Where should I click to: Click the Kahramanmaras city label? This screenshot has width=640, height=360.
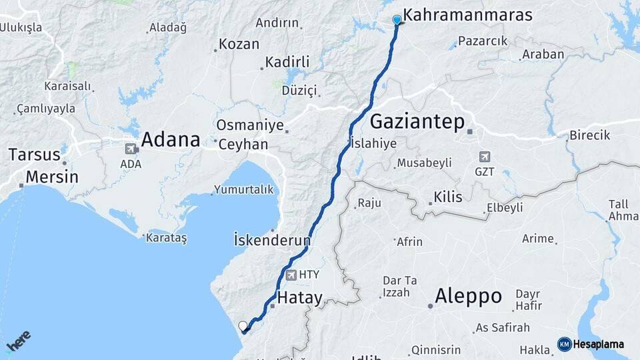[x=468, y=15]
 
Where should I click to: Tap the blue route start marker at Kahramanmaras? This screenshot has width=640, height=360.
[x=397, y=20]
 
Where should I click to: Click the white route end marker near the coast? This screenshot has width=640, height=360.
[x=243, y=326]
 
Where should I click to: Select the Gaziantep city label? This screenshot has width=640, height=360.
[x=417, y=122]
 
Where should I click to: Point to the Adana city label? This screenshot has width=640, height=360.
[x=171, y=140]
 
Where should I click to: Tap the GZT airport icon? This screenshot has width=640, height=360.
[x=485, y=157]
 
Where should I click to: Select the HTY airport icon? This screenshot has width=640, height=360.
[x=291, y=275]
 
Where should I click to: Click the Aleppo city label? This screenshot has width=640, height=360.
[x=468, y=297]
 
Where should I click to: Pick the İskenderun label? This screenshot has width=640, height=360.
[x=273, y=239]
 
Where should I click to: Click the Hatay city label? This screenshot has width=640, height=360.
[x=299, y=298]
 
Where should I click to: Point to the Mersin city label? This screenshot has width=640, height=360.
[x=52, y=177]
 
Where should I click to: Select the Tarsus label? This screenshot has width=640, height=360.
[x=35, y=155]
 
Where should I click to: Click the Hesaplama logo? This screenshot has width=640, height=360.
[x=591, y=344]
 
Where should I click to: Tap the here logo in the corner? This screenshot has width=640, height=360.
[x=18, y=342]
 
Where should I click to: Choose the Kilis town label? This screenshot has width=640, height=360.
[x=448, y=197]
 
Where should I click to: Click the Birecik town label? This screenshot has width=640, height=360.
[x=589, y=135]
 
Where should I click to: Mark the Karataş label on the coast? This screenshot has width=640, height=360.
[x=167, y=238]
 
